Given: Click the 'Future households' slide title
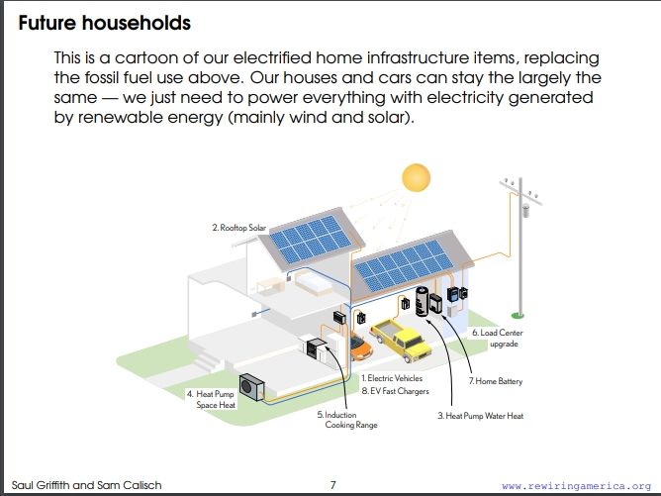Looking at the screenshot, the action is (x=104, y=23).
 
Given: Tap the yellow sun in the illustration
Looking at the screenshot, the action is (x=416, y=177).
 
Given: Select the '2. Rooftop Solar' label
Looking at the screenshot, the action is (x=239, y=228).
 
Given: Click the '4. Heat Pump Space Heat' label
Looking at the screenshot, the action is (x=211, y=399).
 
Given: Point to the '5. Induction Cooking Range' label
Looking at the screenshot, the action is (x=347, y=420).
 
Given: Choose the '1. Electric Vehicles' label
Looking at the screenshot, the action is (x=392, y=378).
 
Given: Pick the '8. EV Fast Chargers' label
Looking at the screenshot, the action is (x=396, y=391).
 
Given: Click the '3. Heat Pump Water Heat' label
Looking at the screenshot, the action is (x=481, y=416).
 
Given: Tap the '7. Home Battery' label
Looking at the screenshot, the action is (x=496, y=381).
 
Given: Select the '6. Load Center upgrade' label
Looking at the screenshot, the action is (x=498, y=338).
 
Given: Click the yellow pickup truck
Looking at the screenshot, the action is (x=401, y=340).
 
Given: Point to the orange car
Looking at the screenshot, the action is (x=361, y=347).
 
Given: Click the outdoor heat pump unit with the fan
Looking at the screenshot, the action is (x=251, y=387).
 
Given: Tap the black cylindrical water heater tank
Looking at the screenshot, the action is (x=422, y=301).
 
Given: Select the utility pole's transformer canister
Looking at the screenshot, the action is (x=525, y=210).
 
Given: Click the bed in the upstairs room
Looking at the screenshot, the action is (x=314, y=283).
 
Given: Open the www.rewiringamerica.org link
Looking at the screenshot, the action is (x=577, y=485).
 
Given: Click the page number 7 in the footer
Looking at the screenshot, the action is (x=333, y=485).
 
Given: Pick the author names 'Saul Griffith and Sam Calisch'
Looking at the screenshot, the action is (x=86, y=485).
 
